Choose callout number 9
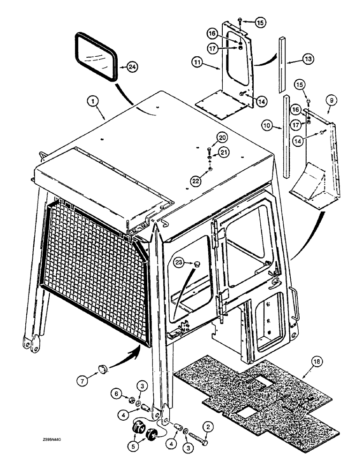tap(330, 100)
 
